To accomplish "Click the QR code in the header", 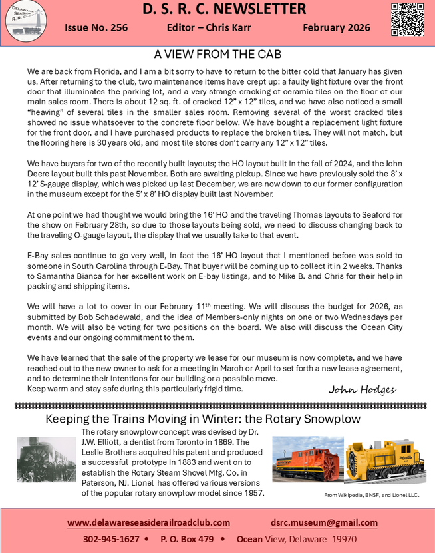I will click(x=408, y=19).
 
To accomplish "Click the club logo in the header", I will click(x=25, y=20).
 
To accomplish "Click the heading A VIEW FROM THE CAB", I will click(x=217, y=54).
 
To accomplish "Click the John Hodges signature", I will click(x=362, y=389).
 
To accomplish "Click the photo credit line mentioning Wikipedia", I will click(x=372, y=496).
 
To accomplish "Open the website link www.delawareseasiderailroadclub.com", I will click(x=148, y=522).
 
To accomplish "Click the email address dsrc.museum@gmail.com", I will click(x=324, y=522).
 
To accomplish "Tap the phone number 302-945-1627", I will click(x=111, y=539).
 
